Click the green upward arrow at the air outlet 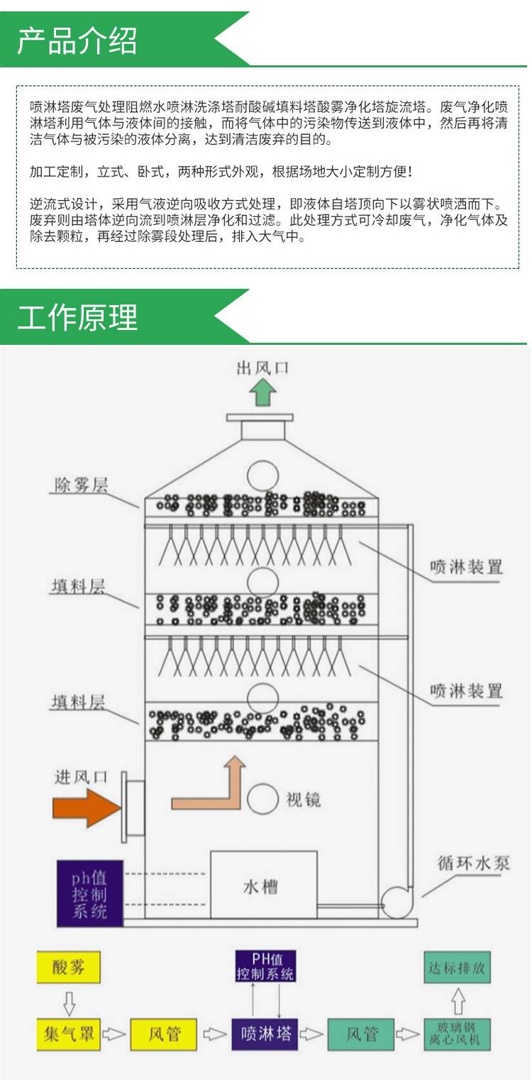tap(263, 392)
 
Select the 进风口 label tap(82, 776)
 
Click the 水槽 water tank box tap(263, 888)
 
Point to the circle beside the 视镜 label tap(262, 799)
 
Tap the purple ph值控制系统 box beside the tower tap(89, 893)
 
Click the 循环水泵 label tap(474, 864)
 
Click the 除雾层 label tap(82, 485)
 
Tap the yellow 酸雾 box tap(68, 969)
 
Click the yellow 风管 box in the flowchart tap(164, 1035)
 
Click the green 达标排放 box tap(458, 968)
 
